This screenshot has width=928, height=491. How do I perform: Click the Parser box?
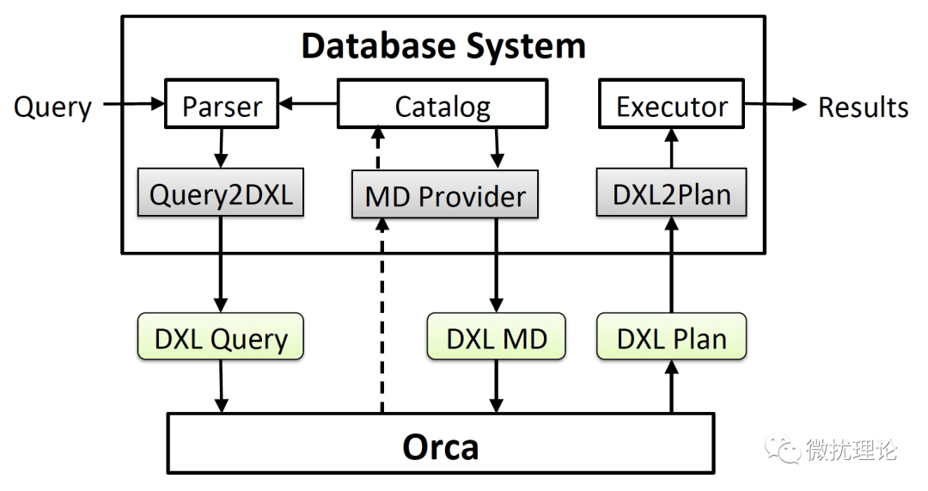coord(223,107)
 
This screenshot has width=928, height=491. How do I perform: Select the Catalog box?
coord(443,107)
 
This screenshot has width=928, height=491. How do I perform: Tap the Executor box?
coord(672,107)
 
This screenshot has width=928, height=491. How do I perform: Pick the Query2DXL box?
coord(221,194)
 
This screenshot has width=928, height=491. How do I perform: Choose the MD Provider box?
coord(445,195)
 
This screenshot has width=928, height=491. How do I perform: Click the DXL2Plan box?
coord(672,194)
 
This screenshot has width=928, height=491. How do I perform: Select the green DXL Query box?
coord(221,338)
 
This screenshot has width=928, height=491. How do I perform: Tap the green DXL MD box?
coord(497,338)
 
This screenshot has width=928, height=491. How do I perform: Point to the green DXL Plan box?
coord(672,338)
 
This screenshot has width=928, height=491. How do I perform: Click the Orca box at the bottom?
coord(440,445)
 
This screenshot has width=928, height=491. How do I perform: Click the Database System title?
coord(443,45)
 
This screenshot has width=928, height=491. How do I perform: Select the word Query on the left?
coord(52,107)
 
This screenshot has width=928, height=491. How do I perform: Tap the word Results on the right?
coord(863,107)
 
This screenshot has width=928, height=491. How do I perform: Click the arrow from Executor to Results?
coord(776,105)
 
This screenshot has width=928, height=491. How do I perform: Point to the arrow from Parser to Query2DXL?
coord(223,149)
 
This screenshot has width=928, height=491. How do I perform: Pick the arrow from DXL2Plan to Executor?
coord(672,149)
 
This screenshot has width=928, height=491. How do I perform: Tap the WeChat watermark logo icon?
coord(785,448)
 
